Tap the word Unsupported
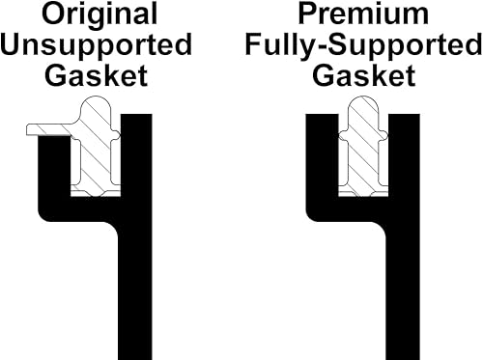coord(96,45)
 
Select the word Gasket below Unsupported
coord(96,75)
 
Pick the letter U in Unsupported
coord(14,45)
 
